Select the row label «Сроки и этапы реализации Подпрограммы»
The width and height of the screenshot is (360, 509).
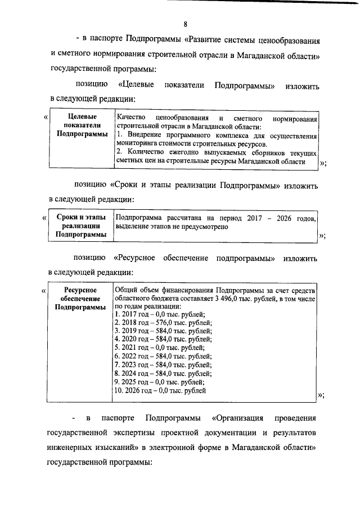click(80, 226)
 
